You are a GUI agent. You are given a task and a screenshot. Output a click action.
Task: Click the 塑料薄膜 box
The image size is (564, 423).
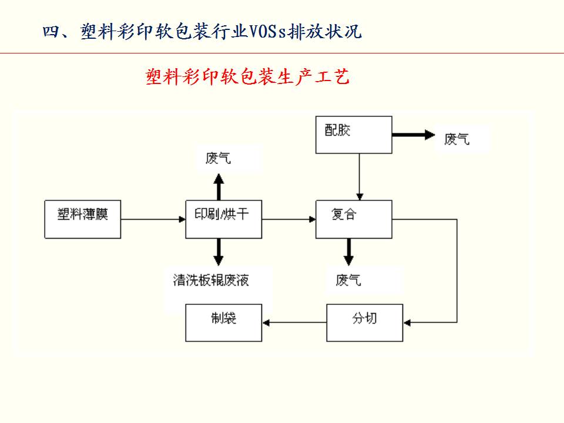tap(83, 219)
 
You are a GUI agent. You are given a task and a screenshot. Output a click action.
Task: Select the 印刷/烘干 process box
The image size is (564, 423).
tap(224, 219)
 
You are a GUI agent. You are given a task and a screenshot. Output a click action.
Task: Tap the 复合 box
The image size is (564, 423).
tap(354, 219)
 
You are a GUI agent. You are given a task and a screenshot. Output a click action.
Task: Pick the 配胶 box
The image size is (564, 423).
tap(354, 135)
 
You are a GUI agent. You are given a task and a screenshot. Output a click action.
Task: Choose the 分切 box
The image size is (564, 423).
tap(365, 323)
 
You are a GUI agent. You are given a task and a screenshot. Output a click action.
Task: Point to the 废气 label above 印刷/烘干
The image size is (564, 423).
tap(219, 158)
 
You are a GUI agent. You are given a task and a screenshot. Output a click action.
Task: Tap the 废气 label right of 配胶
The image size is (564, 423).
tap(458, 139)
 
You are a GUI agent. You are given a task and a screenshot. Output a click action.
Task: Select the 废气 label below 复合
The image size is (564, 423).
tap(348, 280)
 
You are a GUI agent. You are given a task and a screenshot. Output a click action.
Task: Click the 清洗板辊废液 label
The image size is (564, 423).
tap(211, 280)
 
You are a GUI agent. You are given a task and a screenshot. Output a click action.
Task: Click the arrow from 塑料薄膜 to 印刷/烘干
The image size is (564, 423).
tap(153, 220)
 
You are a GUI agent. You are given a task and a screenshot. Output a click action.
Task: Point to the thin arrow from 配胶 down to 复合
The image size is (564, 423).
tap(360, 176)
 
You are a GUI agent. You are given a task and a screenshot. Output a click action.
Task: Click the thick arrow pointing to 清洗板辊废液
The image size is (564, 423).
tap(219, 252)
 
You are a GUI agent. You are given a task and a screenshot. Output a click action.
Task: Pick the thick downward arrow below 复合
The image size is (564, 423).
tap(348, 252)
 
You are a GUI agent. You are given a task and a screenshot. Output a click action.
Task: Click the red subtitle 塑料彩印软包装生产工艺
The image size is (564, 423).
tap(247, 77)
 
